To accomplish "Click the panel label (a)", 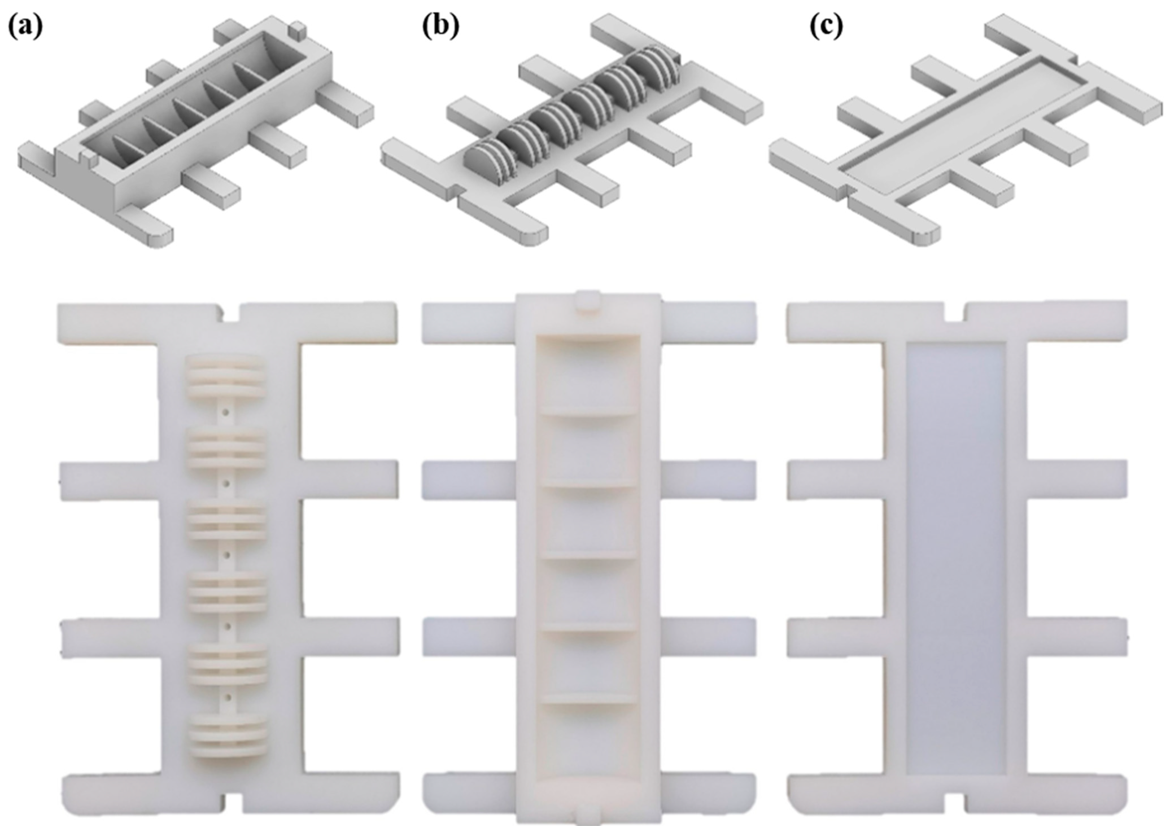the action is [x=25, y=27].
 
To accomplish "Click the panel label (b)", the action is [x=441, y=27].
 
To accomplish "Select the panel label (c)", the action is [x=826, y=27].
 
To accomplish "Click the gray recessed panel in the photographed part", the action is [x=956, y=559].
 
